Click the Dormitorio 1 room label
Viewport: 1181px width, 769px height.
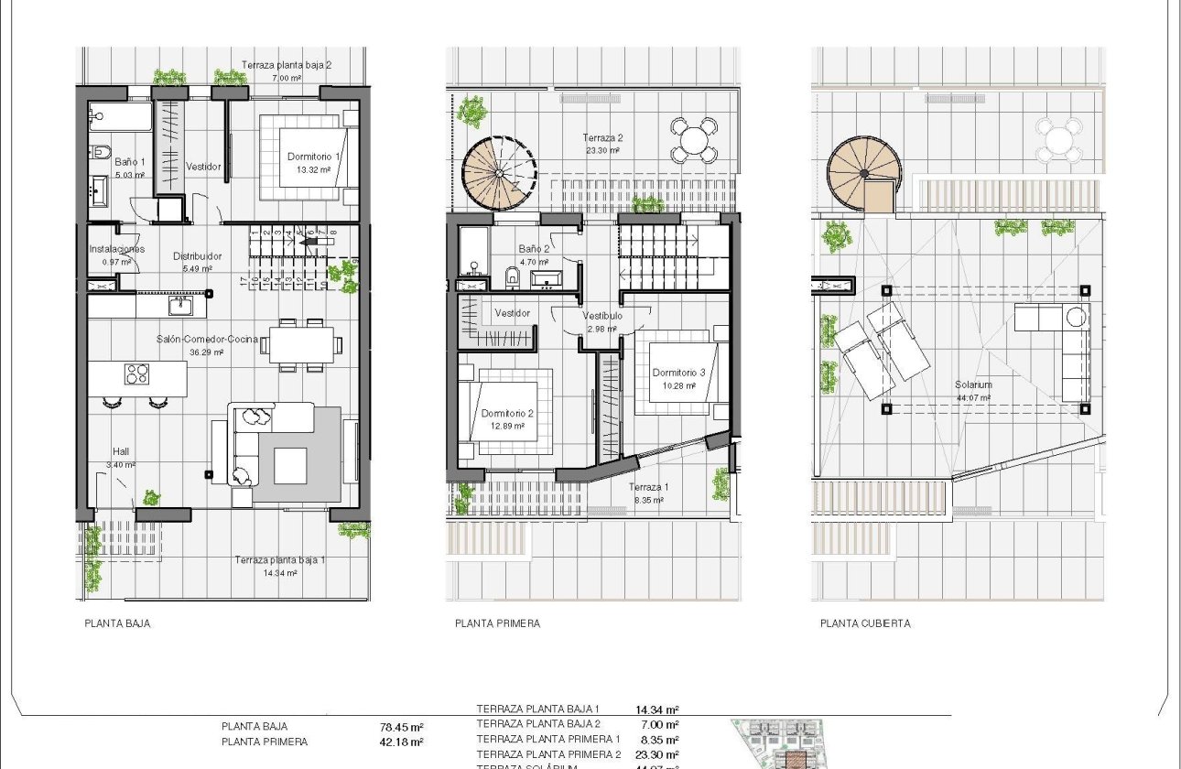pyautogui.click(x=313, y=157)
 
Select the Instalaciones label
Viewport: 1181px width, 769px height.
pyautogui.click(x=117, y=249)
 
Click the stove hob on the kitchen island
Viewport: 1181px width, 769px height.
pyautogui.click(x=137, y=374)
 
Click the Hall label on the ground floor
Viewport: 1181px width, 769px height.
pyautogui.click(x=121, y=451)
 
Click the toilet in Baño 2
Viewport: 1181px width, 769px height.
pyautogui.click(x=512, y=275)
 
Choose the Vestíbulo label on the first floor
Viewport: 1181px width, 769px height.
pyautogui.click(x=602, y=316)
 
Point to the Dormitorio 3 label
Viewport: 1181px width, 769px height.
pyautogui.click(x=678, y=373)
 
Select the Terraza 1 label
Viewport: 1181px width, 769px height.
pyautogui.click(x=649, y=487)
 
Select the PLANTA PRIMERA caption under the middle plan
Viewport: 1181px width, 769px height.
pyautogui.click(x=497, y=623)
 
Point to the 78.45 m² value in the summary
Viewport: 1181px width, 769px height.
pyautogui.click(x=401, y=729)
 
